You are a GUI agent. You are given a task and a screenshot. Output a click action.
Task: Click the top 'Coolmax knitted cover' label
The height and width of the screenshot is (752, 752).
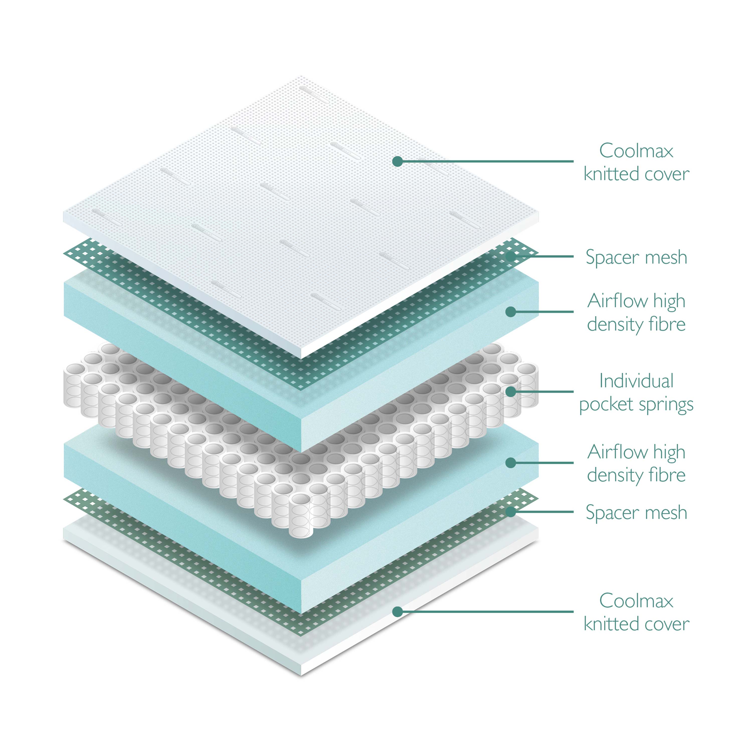coord(636,162)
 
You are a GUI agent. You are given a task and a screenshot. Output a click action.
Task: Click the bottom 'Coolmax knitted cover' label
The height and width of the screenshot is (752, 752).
coord(636,612)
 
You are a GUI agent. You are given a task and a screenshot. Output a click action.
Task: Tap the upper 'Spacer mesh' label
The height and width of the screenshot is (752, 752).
coord(636,257)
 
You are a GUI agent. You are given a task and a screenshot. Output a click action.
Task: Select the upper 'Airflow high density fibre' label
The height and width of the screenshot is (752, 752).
coord(636,312)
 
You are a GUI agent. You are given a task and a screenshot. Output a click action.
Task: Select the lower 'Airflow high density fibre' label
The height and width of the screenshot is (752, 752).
coord(636,463)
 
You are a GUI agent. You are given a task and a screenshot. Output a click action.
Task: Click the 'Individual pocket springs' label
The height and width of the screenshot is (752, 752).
coord(636,392)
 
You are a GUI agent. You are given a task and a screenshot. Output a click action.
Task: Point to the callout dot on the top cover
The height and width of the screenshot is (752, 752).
coord(397,161)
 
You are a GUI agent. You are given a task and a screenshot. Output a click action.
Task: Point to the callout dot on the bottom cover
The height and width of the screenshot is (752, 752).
coord(397,611)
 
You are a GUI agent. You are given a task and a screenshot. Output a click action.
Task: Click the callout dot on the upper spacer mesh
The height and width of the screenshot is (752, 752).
coord(511,256)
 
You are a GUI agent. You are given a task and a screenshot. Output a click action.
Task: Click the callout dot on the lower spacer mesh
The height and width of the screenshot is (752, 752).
coord(511,512)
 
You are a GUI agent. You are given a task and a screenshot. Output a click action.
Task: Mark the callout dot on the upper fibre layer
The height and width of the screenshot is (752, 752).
coord(511,312)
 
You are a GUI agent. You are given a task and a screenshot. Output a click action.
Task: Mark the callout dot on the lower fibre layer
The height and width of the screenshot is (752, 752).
coord(511,463)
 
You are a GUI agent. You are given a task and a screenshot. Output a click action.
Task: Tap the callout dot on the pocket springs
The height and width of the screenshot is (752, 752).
coord(511,392)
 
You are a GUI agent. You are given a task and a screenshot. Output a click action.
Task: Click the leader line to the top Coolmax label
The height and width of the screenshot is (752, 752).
coord(487,161)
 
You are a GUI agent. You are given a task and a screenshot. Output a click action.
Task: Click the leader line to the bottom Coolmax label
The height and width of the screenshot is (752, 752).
coord(487,611)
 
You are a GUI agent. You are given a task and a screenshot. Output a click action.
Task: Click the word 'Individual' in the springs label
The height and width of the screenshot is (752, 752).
coord(636,381)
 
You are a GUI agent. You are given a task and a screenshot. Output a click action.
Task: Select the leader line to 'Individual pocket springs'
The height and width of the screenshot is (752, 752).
coord(545,392)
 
